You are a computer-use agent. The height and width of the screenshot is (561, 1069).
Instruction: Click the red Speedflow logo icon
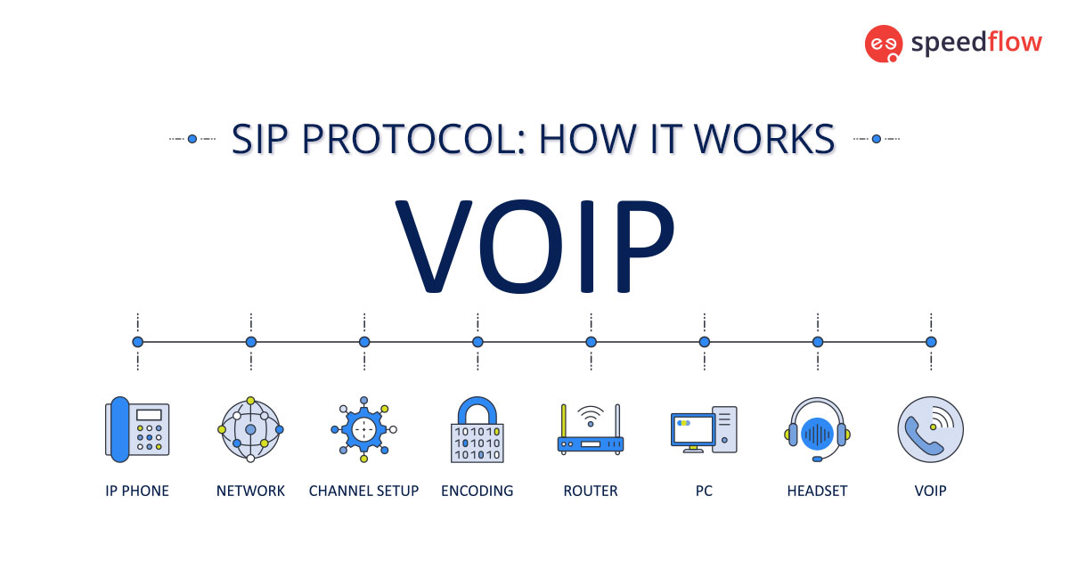point(884,44)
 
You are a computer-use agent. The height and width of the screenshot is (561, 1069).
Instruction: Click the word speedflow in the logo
point(975,43)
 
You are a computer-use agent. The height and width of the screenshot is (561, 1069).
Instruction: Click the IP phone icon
point(137,429)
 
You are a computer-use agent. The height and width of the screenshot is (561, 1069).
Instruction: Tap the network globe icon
point(250,429)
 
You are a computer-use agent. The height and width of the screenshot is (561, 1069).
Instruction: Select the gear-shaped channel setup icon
point(363,429)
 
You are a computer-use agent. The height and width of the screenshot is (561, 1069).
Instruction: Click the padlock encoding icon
point(477,429)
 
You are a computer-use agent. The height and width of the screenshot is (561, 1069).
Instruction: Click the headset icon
point(817,429)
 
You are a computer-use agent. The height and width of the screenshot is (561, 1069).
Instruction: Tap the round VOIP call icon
point(931,429)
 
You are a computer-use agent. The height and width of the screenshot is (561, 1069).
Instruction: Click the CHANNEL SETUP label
point(363,491)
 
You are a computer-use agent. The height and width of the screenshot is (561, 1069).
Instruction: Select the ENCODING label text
point(477,491)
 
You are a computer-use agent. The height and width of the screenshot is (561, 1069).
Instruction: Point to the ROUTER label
point(591,491)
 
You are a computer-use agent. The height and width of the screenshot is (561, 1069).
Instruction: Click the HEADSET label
point(817,491)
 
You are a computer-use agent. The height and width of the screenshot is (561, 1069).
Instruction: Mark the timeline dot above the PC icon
point(704,341)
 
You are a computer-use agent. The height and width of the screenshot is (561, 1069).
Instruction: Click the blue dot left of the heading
point(192,139)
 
